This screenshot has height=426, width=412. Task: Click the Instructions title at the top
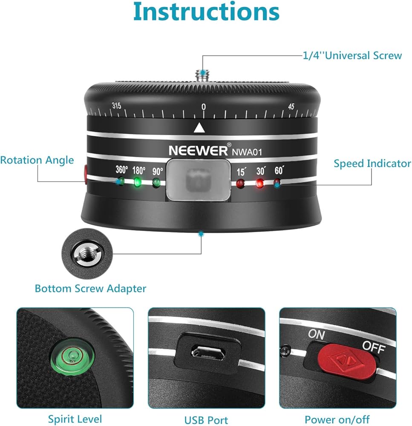[x=206, y=12]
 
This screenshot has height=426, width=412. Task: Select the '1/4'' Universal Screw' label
[x=352, y=55]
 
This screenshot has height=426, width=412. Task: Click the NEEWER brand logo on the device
[x=198, y=150]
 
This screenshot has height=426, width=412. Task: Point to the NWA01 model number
[x=247, y=152]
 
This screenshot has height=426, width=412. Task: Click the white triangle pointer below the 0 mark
[x=199, y=128]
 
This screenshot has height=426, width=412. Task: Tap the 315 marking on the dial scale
[x=117, y=105]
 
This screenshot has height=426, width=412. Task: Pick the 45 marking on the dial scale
[x=291, y=106]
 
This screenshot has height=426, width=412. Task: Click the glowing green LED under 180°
[x=138, y=182]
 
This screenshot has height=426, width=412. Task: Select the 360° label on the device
[x=121, y=170]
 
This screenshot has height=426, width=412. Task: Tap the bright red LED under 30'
[x=260, y=183]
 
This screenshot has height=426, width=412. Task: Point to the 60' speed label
[x=279, y=170]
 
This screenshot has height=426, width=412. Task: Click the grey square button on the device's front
[x=199, y=180]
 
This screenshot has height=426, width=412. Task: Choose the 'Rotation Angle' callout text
[x=37, y=160]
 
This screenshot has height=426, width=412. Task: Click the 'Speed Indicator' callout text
[x=372, y=163]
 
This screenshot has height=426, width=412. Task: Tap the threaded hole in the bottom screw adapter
[x=86, y=254]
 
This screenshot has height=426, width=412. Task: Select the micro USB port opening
[x=208, y=352]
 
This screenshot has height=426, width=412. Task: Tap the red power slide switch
[x=347, y=361]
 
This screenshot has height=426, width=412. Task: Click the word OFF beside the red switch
[x=374, y=347]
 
